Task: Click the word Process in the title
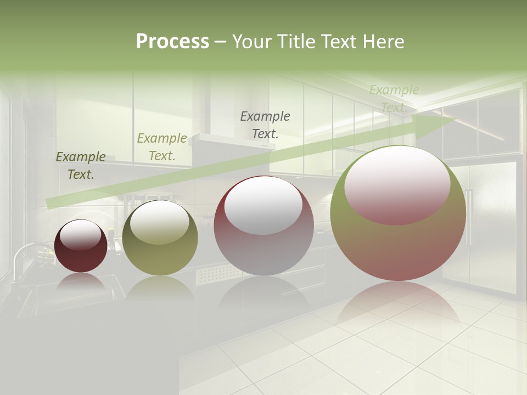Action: tap(172, 42)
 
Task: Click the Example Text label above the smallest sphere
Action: tap(81, 166)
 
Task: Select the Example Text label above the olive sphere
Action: tap(162, 147)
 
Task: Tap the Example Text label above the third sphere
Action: tap(265, 125)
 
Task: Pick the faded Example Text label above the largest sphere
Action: tap(394, 99)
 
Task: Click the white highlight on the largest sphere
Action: tap(397, 184)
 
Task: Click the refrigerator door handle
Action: tap(468, 217)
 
